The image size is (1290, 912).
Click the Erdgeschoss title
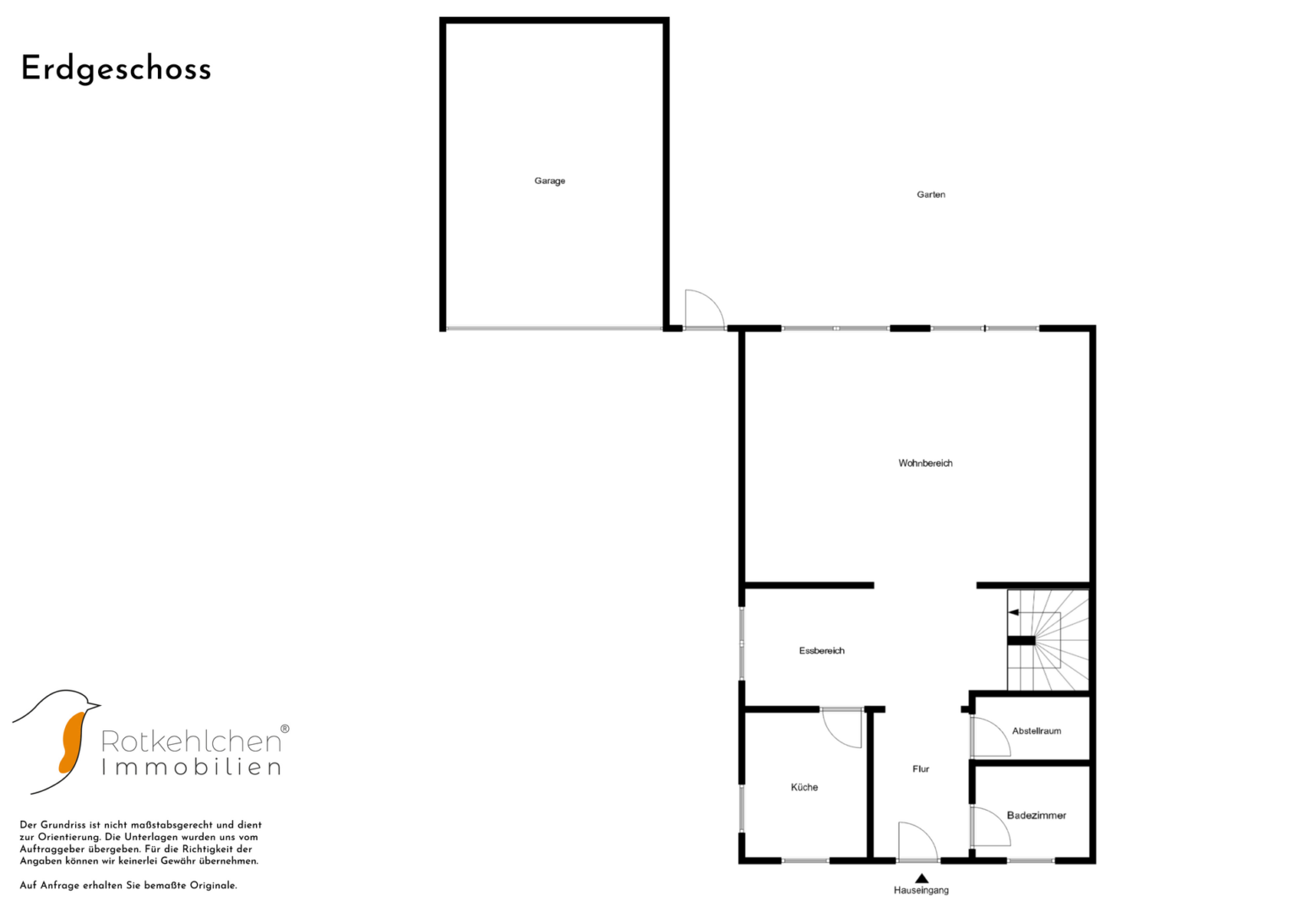coord(116,69)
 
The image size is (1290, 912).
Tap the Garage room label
coord(549,181)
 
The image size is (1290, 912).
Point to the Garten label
coord(931,194)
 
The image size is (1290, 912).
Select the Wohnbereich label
coord(925,463)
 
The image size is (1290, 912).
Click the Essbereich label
coord(821,650)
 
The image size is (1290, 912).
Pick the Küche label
coord(804,787)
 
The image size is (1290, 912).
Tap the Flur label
coord(920,768)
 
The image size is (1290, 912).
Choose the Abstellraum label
coord(1036,730)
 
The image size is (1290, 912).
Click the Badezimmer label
coord(1036,815)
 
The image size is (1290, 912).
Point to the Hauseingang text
coord(921,890)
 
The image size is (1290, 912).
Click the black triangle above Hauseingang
coord(922,878)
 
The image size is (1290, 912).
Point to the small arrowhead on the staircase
coord(1014,612)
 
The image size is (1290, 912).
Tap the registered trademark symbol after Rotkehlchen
coord(285,729)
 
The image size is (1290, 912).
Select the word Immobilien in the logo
coord(191,767)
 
